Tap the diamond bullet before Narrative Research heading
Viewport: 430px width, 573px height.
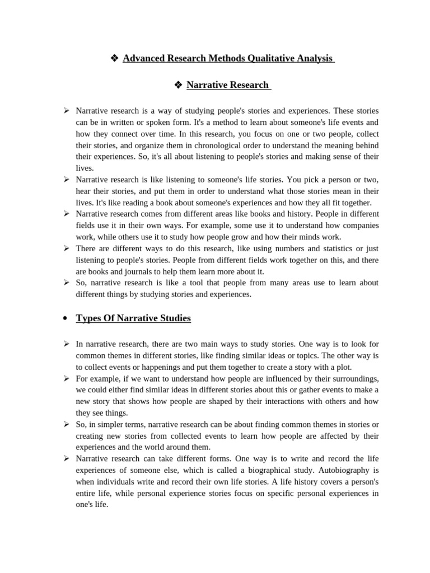click(x=178, y=85)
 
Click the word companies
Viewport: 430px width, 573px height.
click(x=360, y=225)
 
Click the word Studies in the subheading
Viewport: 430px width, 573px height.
click(x=173, y=318)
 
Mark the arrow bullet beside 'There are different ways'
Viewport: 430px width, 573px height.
click(x=66, y=248)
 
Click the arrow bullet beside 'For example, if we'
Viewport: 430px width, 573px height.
click(x=66, y=378)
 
